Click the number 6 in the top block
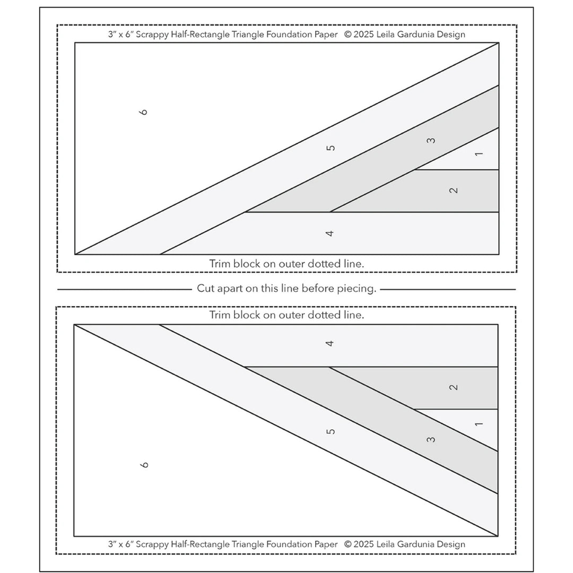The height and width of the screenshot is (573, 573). [144, 111]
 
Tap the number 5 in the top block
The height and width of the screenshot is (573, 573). [331, 148]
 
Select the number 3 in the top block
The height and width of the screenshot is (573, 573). [431, 141]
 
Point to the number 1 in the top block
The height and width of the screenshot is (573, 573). [479, 154]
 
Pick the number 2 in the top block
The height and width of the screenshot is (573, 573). [454, 190]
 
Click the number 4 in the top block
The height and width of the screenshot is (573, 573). [330, 233]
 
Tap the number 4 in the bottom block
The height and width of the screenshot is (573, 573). [330, 343]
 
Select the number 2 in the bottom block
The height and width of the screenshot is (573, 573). [454, 387]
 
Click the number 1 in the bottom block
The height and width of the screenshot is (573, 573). [479, 423]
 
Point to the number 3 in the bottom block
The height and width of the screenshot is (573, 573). [431, 439]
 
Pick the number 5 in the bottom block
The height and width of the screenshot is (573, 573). [331, 431]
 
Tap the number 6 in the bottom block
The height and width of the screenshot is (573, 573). [144, 465]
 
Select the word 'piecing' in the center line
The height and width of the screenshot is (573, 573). [356, 289]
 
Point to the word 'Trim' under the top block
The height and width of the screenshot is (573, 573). [220, 263]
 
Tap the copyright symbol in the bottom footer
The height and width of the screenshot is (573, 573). [348, 544]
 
